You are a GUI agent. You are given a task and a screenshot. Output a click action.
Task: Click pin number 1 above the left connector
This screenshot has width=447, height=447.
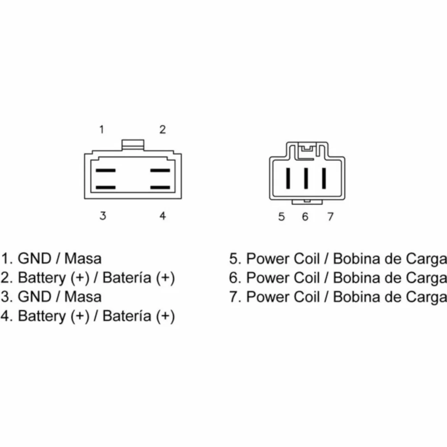coord(102,130)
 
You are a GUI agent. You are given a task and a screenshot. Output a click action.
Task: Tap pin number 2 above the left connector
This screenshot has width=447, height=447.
coord(163,130)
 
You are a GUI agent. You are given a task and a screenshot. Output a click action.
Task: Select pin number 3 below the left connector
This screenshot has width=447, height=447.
coord(103,216)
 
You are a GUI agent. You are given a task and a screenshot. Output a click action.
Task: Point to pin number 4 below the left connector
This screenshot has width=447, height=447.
coord(163,216)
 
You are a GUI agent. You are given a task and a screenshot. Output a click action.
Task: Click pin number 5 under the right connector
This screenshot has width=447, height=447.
coord(282,217)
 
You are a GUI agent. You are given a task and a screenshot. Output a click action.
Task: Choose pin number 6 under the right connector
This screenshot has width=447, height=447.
coord(305,217)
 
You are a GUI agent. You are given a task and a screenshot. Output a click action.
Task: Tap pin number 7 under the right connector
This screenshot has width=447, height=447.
coord(330,217)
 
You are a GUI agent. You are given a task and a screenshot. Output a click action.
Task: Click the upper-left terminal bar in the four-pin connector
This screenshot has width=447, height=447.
coord(105,170)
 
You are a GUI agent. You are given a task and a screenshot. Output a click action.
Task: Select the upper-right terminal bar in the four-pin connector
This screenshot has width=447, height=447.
coord(160,170)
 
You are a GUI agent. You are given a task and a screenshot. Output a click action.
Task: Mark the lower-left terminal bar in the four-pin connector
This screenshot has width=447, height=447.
coord(105,188)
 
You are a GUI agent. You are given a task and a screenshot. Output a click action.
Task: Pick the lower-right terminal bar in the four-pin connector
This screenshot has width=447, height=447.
coord(160,188)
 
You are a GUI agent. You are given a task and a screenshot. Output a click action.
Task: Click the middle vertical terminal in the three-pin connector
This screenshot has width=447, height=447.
coord(306,178)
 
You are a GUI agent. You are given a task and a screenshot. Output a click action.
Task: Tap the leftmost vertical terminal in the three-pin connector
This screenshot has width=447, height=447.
coord(288,178)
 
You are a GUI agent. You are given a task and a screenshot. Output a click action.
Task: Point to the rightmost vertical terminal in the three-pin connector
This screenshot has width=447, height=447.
coord(324,178)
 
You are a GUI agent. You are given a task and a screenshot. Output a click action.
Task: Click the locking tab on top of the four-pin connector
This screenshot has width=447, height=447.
coord(133,144)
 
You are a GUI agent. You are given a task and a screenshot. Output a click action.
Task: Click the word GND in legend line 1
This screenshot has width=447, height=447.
coord(34,259)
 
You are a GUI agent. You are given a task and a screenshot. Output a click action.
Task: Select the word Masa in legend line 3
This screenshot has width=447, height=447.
coord(83,297)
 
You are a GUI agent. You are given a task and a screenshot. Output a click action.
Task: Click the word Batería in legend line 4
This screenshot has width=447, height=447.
coord(127,316)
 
